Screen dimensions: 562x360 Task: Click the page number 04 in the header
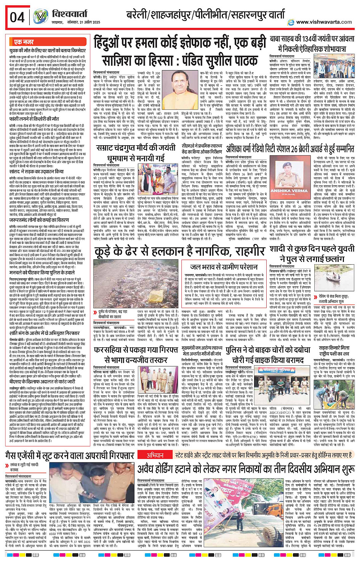pyautogui.click(x=17, y=18)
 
